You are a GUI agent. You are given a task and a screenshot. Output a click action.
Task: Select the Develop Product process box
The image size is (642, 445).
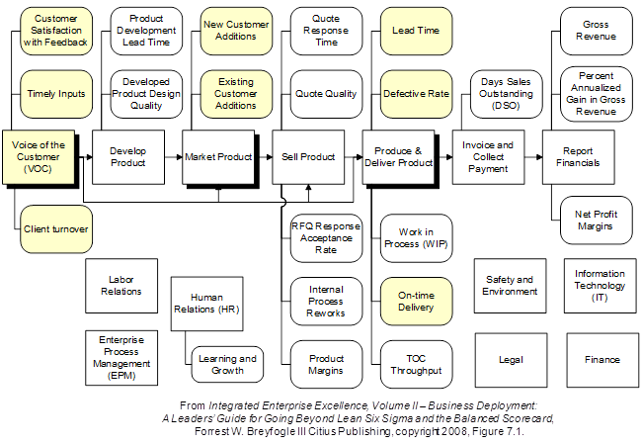[128, 157]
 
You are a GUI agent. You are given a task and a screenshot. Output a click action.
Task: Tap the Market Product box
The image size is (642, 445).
[218, 157]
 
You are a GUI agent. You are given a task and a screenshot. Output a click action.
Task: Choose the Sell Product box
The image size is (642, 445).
[308, 157]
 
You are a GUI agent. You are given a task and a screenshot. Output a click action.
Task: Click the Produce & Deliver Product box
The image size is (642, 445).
[398, 157]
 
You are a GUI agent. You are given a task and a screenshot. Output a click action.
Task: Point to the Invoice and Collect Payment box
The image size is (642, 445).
[488, 157]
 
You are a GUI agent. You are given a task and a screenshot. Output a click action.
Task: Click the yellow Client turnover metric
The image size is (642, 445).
[56, 229]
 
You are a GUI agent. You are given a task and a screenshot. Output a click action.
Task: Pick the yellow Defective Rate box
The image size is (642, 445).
[416, 94]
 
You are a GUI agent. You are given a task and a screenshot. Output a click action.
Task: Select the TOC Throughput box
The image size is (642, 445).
[416, 364]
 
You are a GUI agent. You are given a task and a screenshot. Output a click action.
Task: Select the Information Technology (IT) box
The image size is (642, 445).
[600, 286]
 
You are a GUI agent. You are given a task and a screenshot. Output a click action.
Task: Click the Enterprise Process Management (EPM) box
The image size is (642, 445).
[122, 358]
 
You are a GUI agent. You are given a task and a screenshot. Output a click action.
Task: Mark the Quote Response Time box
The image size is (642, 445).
[325, 31]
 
